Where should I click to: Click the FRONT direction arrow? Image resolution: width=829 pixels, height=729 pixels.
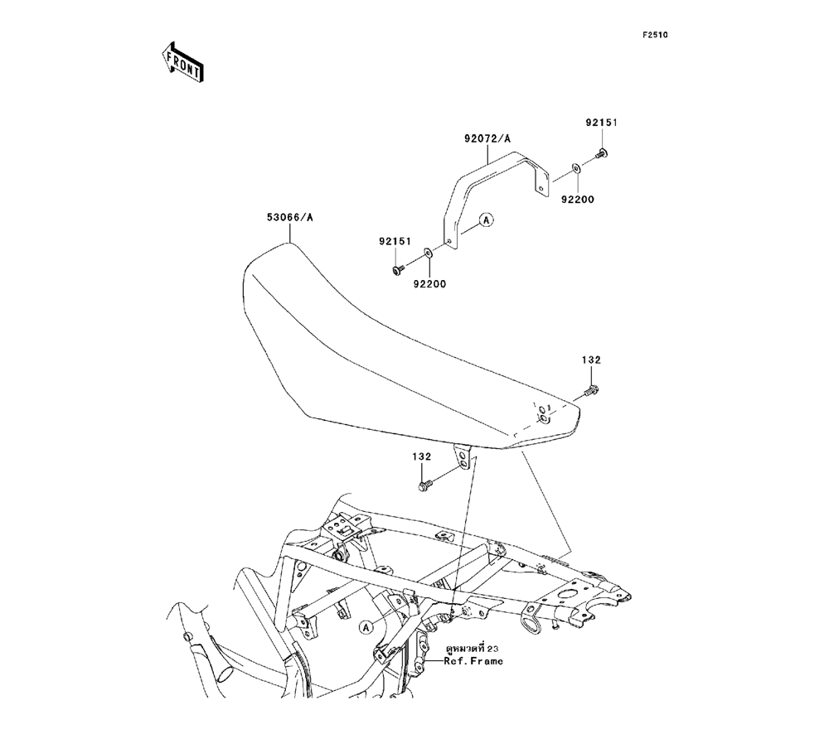coord(178,61)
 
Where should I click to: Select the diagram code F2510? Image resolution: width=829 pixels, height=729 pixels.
coord(654,36)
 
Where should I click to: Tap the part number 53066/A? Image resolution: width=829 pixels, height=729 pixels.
coord(289,218)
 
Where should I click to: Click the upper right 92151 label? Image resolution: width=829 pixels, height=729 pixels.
coord(602,123)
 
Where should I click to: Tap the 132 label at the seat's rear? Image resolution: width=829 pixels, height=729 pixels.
coord(591,360)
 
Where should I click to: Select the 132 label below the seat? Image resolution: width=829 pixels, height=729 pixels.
coord(424,456)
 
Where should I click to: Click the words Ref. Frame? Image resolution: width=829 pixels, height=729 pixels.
coord(473,662)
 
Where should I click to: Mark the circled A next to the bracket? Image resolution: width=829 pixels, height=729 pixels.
coord(487,220)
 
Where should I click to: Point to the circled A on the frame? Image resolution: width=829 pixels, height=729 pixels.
coord(366,628)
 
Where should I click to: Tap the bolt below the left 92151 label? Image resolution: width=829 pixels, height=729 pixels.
coord(397,269)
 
